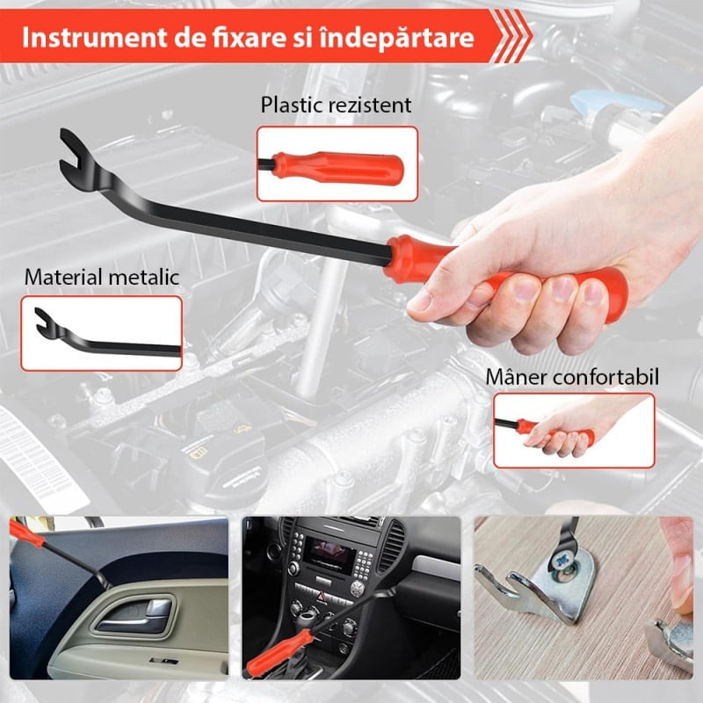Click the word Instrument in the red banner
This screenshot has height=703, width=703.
95,38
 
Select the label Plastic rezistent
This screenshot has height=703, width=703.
336,105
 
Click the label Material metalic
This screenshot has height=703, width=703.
102,277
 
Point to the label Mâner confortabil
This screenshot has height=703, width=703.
572,377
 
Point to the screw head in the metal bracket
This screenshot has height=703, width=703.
562,561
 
